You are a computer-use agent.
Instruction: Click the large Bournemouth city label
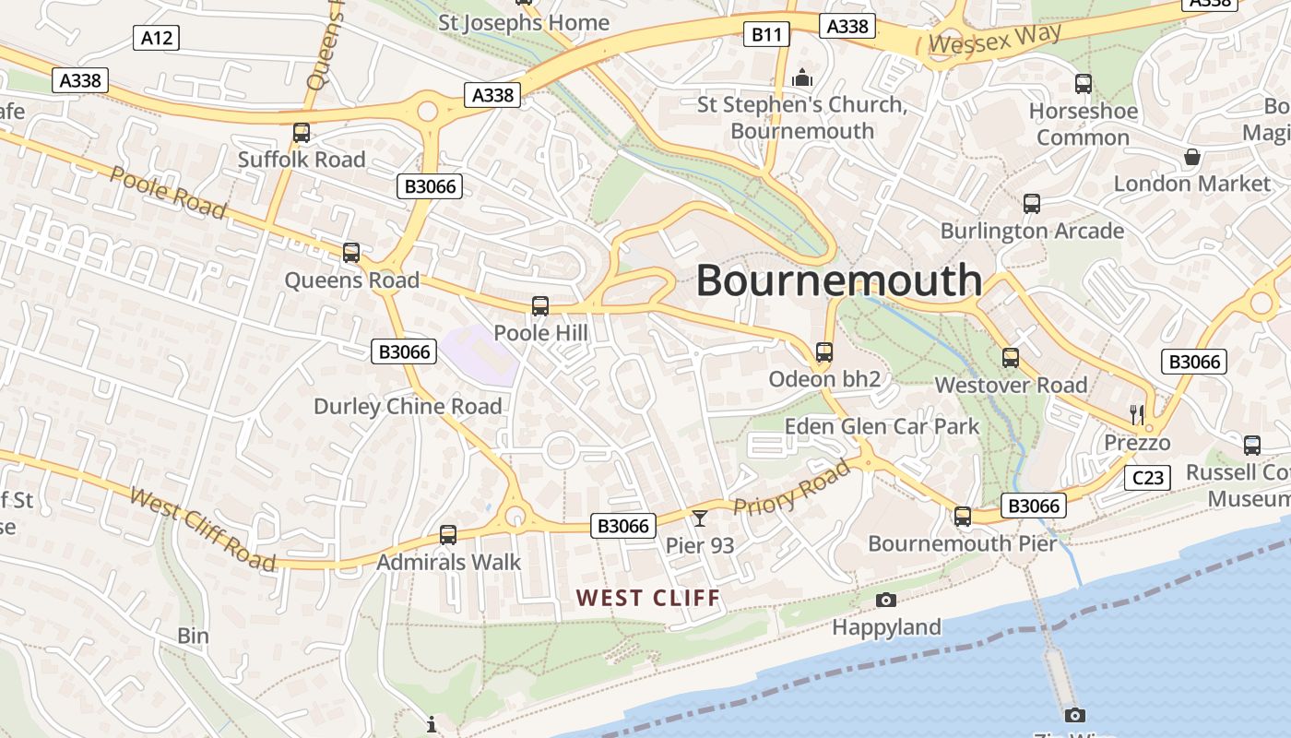[838, 280]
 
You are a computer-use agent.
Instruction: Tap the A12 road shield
[156, 38]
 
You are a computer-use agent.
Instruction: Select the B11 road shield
[765, 35]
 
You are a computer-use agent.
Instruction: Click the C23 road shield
[1147, 477]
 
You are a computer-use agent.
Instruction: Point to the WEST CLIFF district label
[648, 598]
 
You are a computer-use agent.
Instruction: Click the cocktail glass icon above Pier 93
[700, 518]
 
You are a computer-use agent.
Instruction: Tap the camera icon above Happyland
[886, 601]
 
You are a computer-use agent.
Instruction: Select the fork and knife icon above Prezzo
[1137, 414]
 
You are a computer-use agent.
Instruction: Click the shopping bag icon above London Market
[1192, 157]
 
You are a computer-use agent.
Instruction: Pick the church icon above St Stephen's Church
[802, 77]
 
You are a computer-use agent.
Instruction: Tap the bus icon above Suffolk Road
[302, 133]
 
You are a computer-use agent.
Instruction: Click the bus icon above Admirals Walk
[448, 534]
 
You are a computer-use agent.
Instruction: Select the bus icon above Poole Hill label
[540, 306]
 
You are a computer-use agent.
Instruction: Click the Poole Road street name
[168, 193]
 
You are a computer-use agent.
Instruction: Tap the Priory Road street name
[791, 488]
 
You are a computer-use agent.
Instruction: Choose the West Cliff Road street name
[202, 530]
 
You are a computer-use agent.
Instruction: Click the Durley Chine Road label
[408, 406]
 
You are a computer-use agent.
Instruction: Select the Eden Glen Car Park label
[882, 426]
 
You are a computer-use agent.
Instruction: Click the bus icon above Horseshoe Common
[1084, 84]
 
